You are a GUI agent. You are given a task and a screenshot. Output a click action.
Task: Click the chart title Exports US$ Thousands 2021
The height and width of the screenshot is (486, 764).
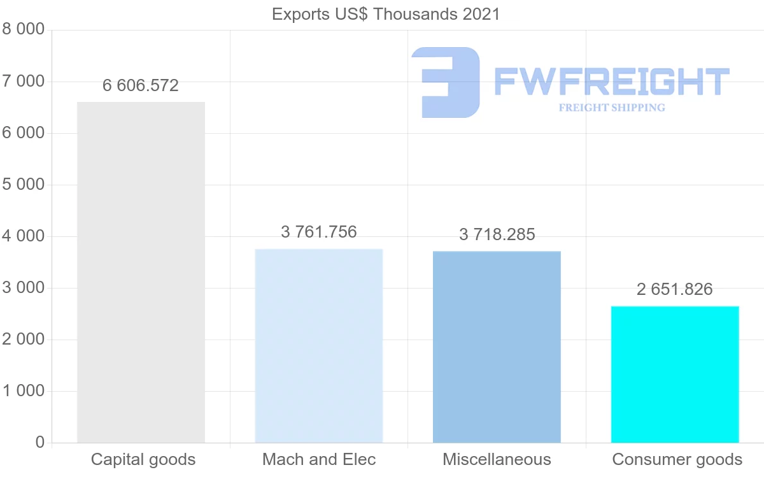[x=386, y=14]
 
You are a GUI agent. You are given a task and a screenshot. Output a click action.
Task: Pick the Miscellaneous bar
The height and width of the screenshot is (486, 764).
[x=497, y=347]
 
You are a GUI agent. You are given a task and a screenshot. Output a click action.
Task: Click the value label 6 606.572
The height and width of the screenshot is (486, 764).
[x=141, y=85]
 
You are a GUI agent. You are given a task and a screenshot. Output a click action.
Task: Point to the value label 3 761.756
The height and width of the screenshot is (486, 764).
[x=319, y=232]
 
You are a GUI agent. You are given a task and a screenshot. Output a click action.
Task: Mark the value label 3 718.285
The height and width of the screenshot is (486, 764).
[x=497, y=234]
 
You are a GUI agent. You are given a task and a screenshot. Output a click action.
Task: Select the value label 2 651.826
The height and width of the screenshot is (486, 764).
[x=675, y=289]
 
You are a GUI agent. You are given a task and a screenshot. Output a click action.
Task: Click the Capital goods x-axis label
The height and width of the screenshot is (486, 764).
[x=143, y=459]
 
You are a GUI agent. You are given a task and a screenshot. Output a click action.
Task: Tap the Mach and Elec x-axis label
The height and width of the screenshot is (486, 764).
[x=319, y=459]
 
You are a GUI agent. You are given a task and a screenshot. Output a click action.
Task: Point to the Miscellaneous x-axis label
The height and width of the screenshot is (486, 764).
[x=497, y=459]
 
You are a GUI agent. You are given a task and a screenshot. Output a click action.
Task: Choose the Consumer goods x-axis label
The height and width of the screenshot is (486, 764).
[x=677, y=459]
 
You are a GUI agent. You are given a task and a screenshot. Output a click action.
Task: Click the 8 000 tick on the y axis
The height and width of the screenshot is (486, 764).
[x=24, y=29]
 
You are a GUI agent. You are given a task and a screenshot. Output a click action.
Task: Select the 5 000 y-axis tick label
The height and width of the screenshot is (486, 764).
[x=24, y=185]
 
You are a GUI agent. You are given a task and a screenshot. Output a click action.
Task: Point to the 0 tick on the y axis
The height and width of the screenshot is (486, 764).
[x=40, y=443]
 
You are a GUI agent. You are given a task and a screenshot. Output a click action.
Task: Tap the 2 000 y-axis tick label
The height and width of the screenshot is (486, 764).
[x=24, y=339]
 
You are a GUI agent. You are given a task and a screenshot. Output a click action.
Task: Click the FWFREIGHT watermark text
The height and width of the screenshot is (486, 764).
[x=611, y=82]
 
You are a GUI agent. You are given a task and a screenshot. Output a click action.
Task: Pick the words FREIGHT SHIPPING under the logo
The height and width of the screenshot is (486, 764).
[x=612, y=108]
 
